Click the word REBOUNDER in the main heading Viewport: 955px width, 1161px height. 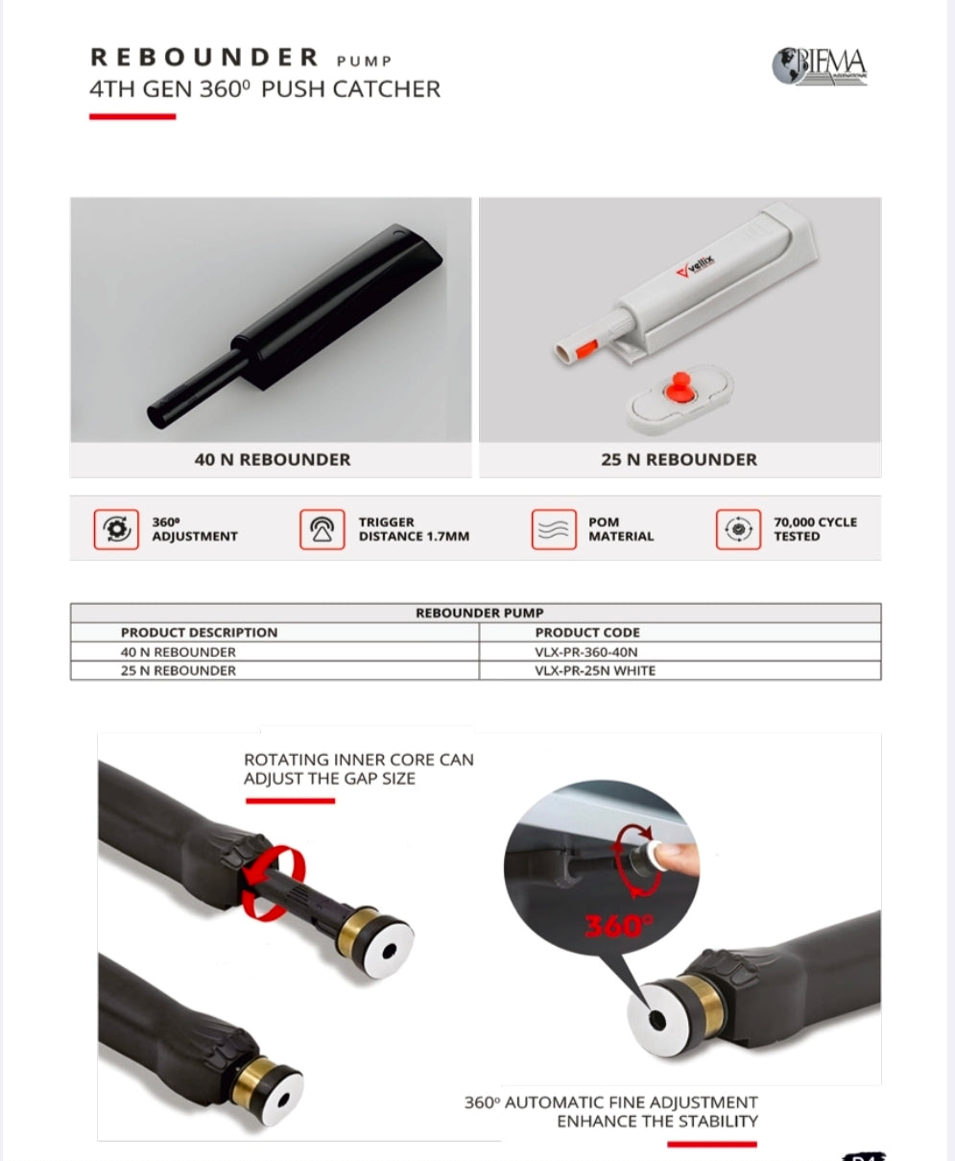pos(204,58)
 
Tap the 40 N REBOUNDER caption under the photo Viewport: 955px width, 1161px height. pos(273,460)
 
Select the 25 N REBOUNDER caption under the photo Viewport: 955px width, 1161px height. pos(679,460)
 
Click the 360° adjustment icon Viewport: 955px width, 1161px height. pos(114,529)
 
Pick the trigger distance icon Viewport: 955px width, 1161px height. pos(322,529)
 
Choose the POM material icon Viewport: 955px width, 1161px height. pos(554,529)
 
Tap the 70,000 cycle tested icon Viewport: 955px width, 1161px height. pos(738,529)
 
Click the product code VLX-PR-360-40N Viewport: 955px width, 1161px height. pos(585,652)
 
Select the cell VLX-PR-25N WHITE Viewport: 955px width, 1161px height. pos(595,671)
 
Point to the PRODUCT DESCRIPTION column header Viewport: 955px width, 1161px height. pos(199,633)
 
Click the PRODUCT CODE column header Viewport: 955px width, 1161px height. pos(586,633)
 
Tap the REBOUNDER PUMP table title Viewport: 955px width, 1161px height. pos(479,613)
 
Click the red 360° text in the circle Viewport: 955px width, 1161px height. pos(618,926)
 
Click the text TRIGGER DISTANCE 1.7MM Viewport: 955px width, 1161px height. pos(414,529)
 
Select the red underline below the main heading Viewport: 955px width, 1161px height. pos(132,117)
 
